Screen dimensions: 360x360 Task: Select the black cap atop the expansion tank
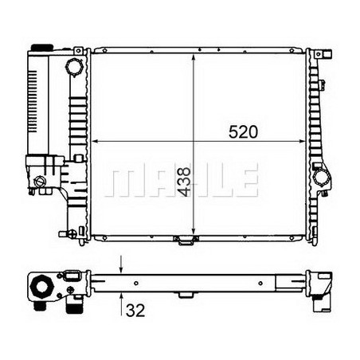click(37, 50)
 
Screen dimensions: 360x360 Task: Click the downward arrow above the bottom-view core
click(120, 266)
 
